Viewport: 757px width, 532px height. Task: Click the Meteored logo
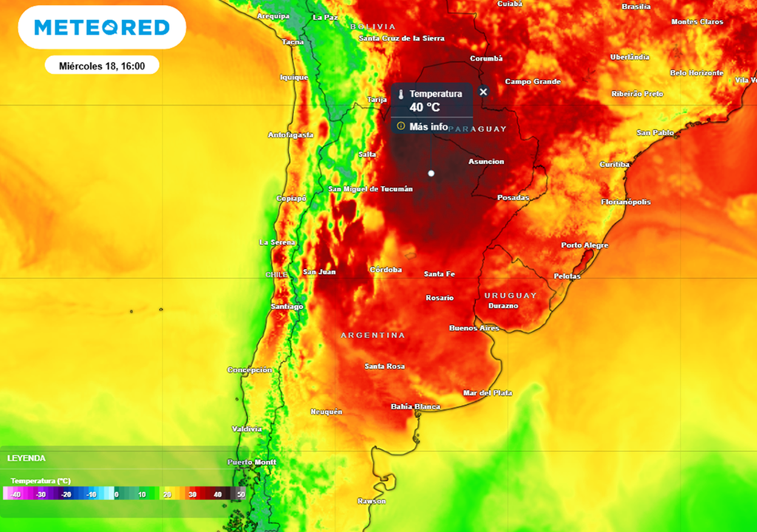click(x=102, y=28)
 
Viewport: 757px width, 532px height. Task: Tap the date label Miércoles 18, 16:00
click(x=101, y=66)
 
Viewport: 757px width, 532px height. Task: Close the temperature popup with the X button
click(x=483, y=92)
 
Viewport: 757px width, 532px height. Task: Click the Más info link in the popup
click(x=429, y=126)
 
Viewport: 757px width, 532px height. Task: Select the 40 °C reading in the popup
click(x=425, y=106)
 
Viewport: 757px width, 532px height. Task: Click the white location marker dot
click(x=431, y=173)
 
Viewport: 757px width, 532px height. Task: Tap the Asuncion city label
click(x=486, y=162)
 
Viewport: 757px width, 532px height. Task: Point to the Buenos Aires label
click(x=475, y=327)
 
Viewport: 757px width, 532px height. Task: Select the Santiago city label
click(x=288, y=306)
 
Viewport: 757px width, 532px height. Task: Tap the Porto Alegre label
click(x=585, y=245)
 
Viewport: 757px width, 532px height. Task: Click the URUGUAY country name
click(x=511, y=296)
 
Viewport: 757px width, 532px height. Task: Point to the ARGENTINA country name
click(x=373, y=335)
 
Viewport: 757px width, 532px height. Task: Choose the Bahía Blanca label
click(x=415, y=406)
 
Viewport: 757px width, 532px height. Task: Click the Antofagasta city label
click(x=291, y=134)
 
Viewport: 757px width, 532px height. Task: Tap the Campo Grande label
click(x=533, y=81)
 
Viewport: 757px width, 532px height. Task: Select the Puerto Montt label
click(x=252, y=462)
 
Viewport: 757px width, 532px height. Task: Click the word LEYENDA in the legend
click(x=27, y=458)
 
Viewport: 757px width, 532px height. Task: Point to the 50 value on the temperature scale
click(x=240, y=494)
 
